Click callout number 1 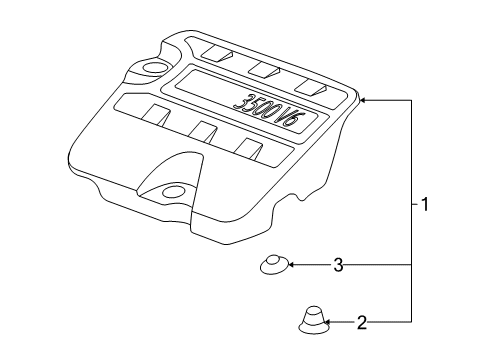click(x=425, y=205)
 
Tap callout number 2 click(x=362, y=322)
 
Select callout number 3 click(x=338, y=265)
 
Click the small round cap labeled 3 click(x=272, y=265)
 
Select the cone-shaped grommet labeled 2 click(x=312, y=321)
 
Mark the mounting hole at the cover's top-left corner click(x=156, y=68)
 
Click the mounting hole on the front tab click(x=175, y=190)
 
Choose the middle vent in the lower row click(x=203, y=131)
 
